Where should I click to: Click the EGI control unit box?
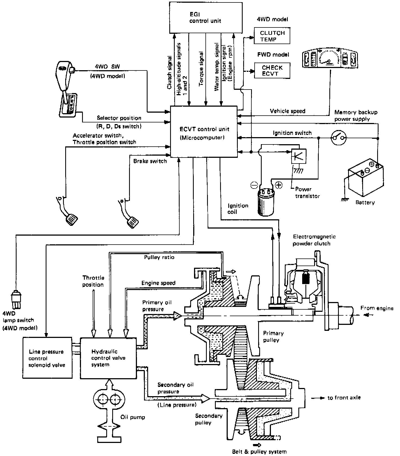205,17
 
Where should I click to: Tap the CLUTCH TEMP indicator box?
272,36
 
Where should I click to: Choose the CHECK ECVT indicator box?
272,70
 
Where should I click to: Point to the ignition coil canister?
266,201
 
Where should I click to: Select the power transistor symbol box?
299,156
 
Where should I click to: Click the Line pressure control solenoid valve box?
47,358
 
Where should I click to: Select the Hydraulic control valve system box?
108,358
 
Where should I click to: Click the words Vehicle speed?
287,111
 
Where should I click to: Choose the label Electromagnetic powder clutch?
314,240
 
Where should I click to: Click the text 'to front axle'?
344,398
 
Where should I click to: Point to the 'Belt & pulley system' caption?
259,452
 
